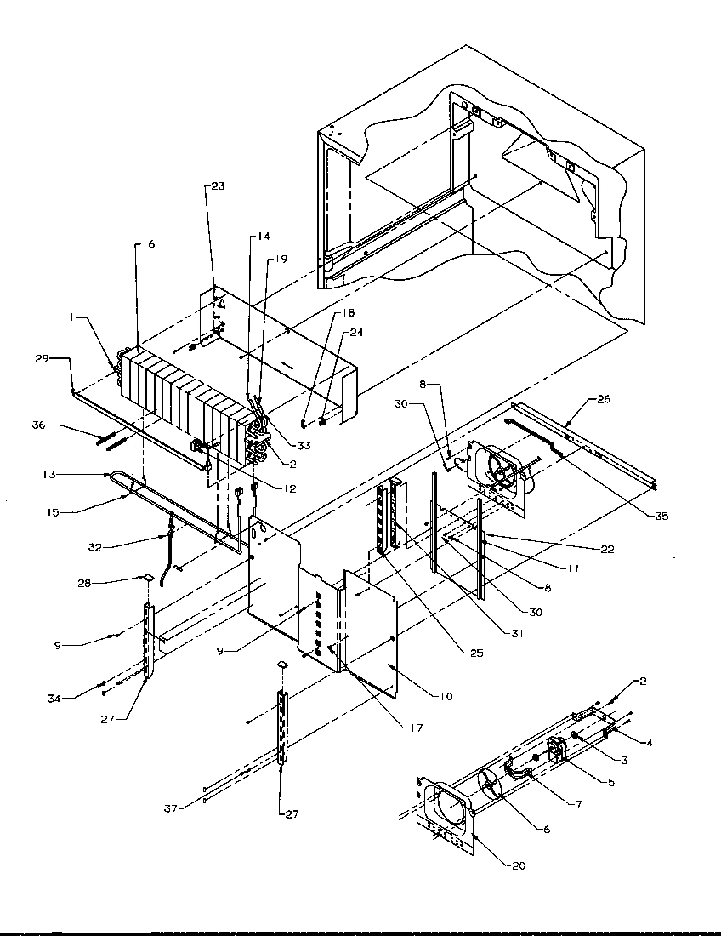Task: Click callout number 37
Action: pos(172,808)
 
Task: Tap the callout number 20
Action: pos(518,866)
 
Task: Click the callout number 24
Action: pos(355,333)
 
